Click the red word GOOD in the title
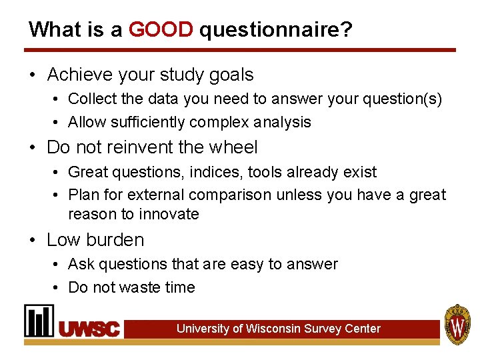click(x=161, y=29)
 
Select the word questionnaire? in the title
click(x=275, y=30)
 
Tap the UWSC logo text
click(x=89, y=329)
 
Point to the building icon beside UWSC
click(x=39, y=321)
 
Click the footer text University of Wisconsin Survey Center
click(x=278, y=329)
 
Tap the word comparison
click(x=231, y=195)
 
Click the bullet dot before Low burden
click(x=33, y=240)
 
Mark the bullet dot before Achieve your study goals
click(x=33, y=75)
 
